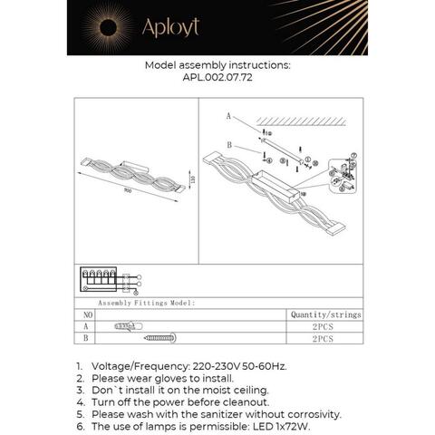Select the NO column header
pos(87,314)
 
